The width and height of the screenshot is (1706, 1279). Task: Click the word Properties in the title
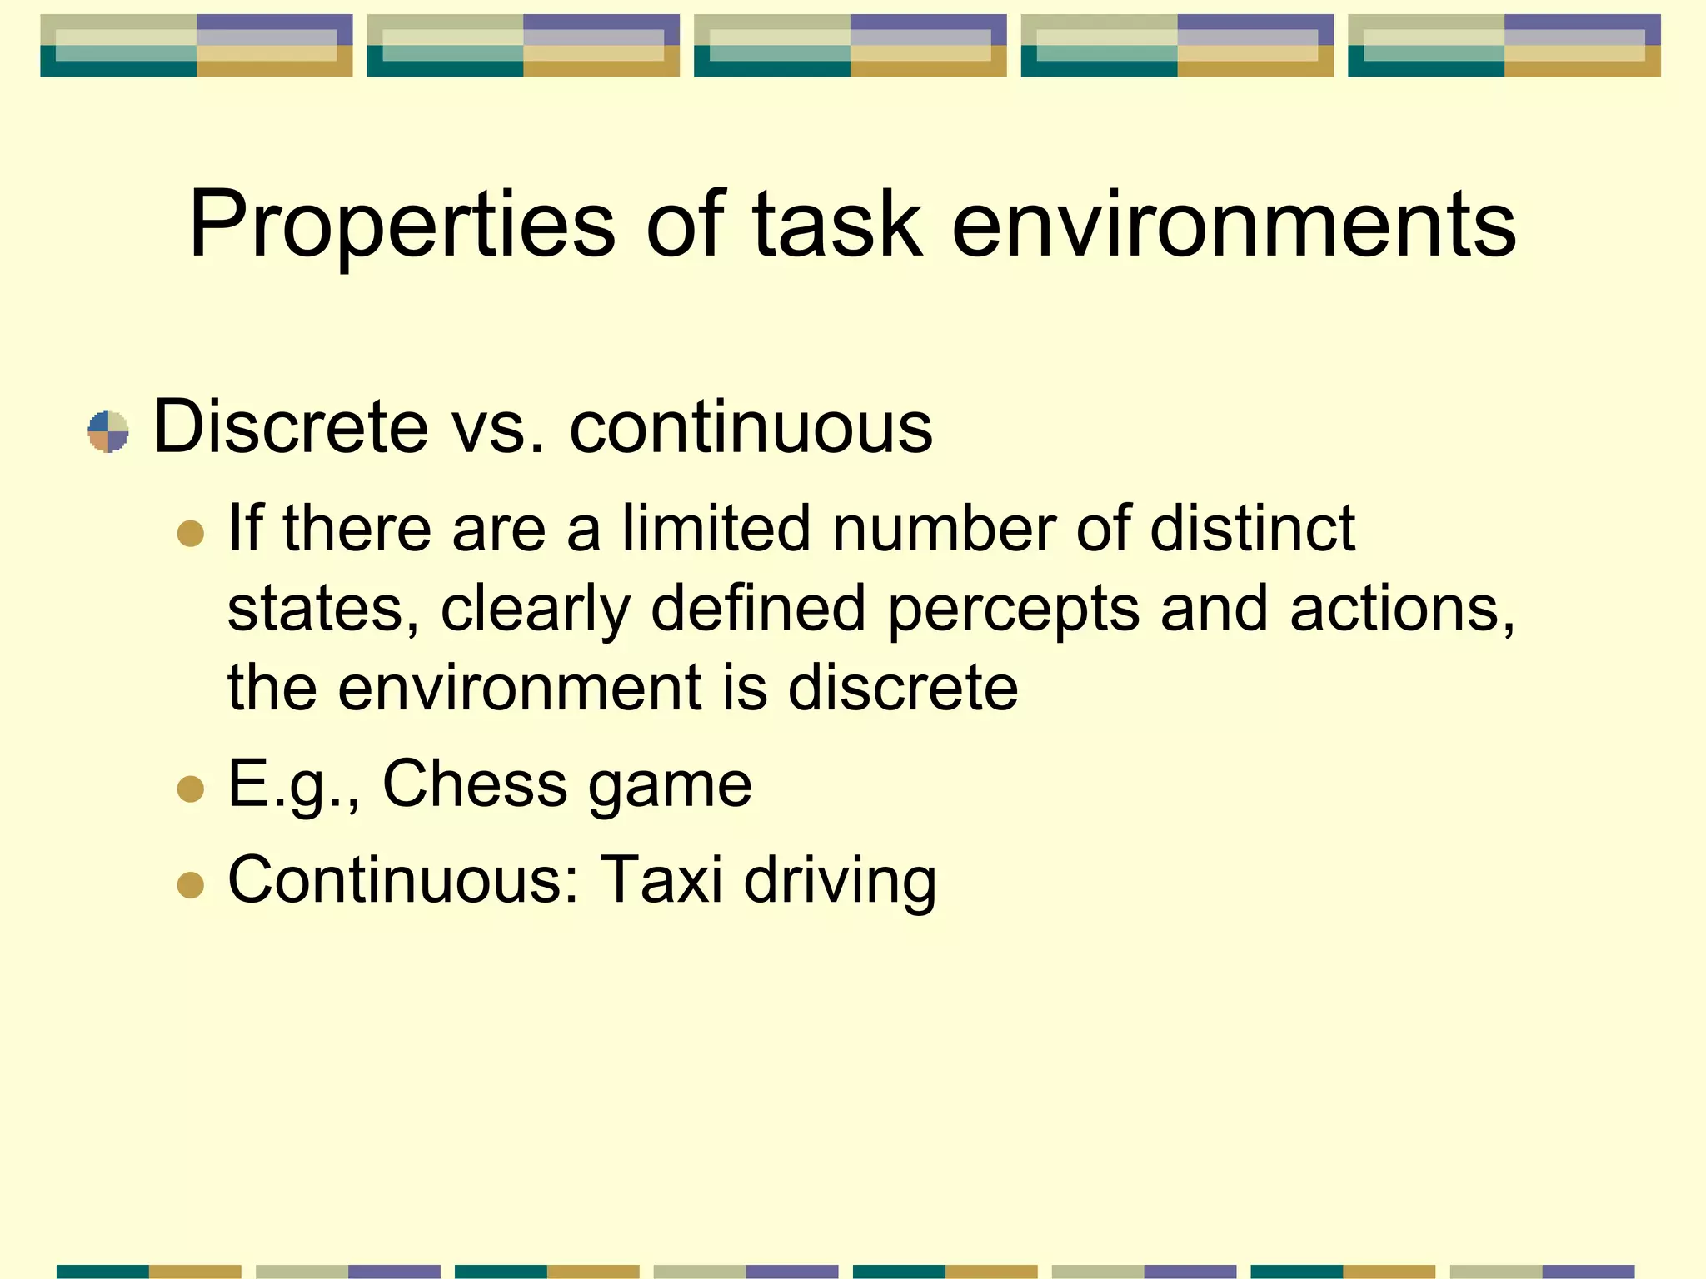(402, 225)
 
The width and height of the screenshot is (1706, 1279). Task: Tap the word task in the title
(837, 225)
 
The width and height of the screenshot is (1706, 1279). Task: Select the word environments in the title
(1234, 225)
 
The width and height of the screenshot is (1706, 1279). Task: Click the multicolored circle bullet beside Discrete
(108, 431)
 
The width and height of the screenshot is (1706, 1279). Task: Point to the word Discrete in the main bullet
(291, 426)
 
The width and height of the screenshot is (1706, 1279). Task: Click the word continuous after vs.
(751, 426)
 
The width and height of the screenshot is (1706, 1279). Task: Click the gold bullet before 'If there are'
(191, 533)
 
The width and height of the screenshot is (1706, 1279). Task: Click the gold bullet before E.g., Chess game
(191, 789)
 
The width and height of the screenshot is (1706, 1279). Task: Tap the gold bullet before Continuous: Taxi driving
(191, 885)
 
